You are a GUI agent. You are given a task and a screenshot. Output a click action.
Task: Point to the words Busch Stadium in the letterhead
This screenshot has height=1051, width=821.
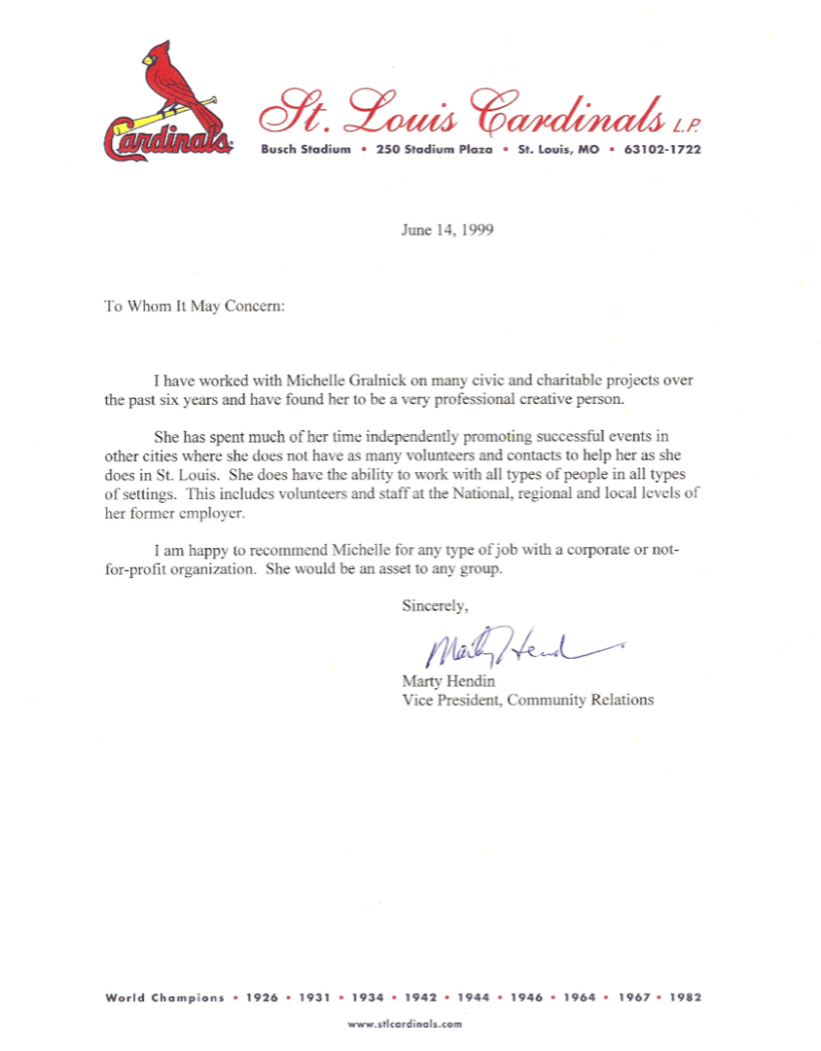(x=305, y=150)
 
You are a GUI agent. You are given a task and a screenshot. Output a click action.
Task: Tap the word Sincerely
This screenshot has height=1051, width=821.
(x=435, y=606)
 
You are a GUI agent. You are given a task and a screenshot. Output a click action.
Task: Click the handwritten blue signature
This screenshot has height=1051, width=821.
(x=506, y=647)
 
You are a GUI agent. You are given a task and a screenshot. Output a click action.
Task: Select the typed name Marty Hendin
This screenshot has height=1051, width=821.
(x=447, y=681)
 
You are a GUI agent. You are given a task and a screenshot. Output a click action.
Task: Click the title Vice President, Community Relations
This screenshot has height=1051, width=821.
(x=527, y=699)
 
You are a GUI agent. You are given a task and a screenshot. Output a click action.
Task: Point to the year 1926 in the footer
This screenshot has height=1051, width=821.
(x=262, y=997)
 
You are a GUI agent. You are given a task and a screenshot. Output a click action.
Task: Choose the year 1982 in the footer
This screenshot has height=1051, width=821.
(x=685, y=997)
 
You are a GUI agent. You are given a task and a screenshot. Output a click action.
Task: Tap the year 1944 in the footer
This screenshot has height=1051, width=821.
(x=474, y=997)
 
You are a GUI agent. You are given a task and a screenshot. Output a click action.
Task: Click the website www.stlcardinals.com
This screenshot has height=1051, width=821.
(x=405, y=1024)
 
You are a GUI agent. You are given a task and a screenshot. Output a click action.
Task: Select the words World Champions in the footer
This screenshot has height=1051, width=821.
(x=164, y=997)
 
